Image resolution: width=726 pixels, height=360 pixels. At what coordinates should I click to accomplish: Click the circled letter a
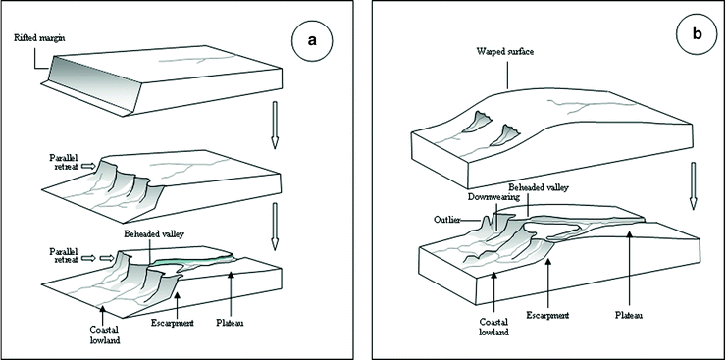313,40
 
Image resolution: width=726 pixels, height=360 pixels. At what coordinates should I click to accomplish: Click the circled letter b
697,34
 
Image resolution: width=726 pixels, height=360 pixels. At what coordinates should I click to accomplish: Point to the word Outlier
447,220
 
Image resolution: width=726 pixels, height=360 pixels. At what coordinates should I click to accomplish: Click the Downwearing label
487,197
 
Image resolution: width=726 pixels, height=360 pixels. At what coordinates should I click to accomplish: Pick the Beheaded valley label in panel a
154,234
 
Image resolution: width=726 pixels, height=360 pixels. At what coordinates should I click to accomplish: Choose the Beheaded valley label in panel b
539,188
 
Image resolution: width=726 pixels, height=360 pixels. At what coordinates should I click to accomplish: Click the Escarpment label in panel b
547,315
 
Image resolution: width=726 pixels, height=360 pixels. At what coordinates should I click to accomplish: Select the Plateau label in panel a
230,323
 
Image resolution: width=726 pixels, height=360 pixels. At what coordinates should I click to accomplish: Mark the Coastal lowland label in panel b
495,326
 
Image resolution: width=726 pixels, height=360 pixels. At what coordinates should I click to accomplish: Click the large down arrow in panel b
693,185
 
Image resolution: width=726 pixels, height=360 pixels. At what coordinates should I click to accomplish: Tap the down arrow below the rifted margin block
274,125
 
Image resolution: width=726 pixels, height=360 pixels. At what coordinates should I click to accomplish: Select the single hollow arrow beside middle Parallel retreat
89,165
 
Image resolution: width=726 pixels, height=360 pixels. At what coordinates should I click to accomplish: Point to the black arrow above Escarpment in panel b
547,283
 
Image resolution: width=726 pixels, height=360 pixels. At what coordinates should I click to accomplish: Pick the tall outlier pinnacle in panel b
487,226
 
